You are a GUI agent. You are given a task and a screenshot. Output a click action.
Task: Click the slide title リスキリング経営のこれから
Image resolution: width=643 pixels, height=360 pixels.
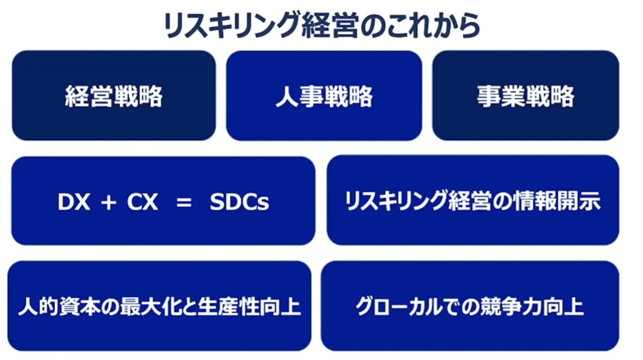click(321, 25)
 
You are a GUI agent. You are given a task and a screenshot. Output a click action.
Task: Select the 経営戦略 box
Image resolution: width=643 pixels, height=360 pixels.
click(114, 96)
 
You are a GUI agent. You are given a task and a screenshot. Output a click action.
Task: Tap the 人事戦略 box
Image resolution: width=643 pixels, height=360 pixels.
click(324, 96)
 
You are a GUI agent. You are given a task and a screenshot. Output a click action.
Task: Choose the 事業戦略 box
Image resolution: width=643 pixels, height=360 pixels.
click(526, 96)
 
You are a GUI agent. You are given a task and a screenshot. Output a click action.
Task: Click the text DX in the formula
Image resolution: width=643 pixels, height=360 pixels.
click(74, 201)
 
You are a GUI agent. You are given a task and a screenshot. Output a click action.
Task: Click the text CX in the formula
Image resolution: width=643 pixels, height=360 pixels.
click(142, 201)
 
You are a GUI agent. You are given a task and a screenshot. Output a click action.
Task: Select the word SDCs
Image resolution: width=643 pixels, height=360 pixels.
click(239, 201)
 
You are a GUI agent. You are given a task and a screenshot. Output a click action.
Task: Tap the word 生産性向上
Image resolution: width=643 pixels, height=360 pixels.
click(249, 306)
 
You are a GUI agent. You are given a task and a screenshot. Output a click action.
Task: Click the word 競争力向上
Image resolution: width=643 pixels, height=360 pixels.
click(532, 306)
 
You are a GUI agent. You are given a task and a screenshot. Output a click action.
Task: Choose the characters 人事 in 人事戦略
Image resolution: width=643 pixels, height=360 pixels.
click(300, 96)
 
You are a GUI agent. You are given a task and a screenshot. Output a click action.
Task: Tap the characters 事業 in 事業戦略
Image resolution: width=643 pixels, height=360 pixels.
click(501, 96)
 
